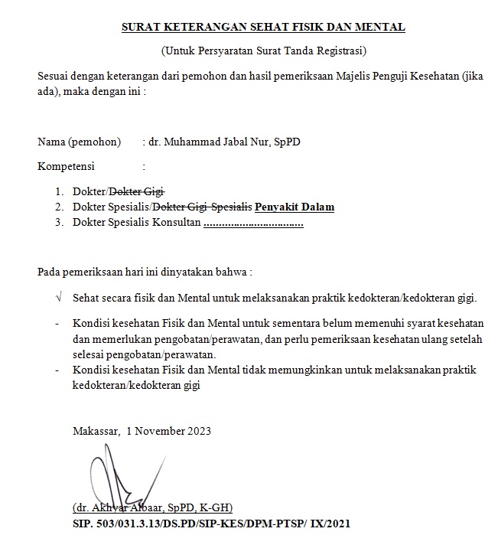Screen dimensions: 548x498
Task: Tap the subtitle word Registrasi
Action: point(340,51)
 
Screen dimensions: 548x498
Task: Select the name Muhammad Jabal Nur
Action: point(217,142)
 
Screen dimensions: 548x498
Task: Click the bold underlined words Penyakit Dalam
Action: point(295,207)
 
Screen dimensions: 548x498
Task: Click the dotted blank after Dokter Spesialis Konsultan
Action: point(253,223)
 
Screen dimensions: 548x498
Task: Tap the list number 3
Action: point(58,223)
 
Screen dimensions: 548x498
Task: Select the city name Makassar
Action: point(96,430)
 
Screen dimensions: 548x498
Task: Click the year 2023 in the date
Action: point(197,430)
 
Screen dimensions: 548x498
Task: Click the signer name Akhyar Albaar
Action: point(128,507)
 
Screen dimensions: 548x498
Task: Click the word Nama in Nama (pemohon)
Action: point(51,142)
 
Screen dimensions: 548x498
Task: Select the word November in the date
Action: point(158,430)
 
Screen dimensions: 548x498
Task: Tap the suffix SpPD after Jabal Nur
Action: point(297,142)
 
